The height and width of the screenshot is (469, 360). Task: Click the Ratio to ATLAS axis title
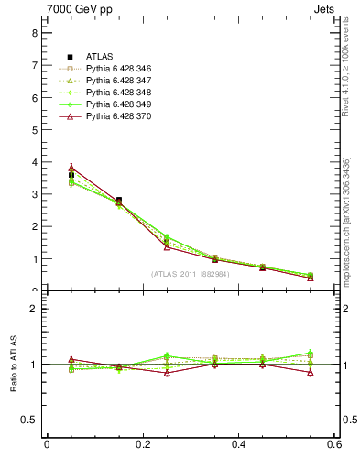(x=13, y=365)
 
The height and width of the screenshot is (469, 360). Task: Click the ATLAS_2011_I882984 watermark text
(x=191, y=274)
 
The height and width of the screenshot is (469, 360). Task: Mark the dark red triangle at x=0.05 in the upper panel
(x=71, y=169)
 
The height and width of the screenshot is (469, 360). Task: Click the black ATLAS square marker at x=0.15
(x=119, y=200)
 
